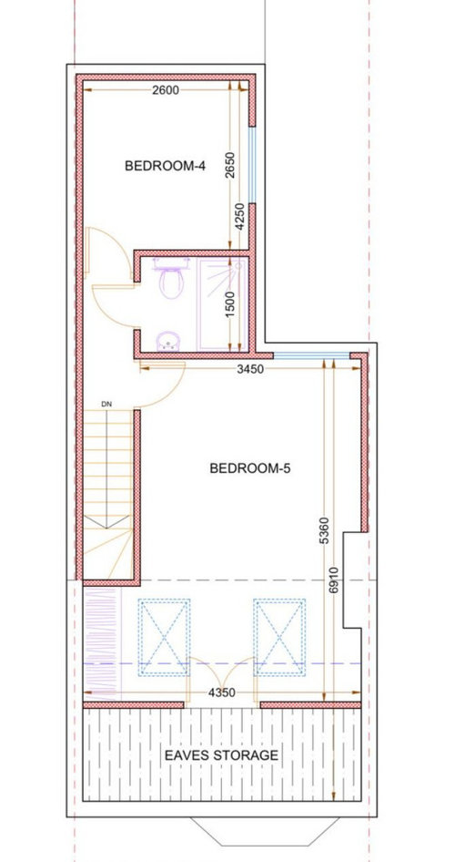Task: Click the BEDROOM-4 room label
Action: click(x=166, y=166)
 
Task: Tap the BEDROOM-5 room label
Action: click(x=250, y=468)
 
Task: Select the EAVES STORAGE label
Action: click(x=222, y=755)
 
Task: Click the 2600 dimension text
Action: click(x=166, y=90)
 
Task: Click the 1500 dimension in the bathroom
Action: click(x=230, y=303)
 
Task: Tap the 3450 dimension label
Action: click(x=250, y=369)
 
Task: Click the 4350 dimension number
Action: click(x=222, y=693)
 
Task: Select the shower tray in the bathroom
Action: click(x=221, y=304)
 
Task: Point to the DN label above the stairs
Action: click(x=106, y=404)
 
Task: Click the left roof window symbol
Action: click(x=164, y=637)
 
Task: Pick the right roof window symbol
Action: click(x=278, y=637)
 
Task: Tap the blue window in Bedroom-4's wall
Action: click(x=252, y=165)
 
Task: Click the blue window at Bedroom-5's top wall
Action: click(x=311, y=356)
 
